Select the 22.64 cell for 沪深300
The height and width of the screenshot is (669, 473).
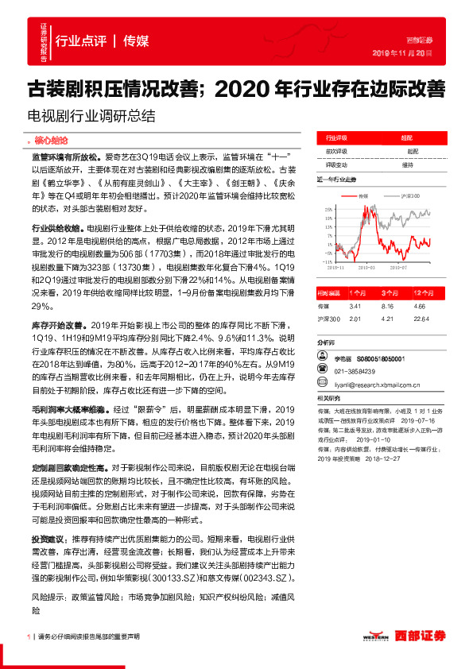(421, 319)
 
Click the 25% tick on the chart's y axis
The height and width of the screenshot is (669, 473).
(327, 209)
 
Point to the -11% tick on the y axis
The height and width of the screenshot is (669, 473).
(326, 260)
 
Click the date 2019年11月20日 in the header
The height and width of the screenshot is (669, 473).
(402, 53)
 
